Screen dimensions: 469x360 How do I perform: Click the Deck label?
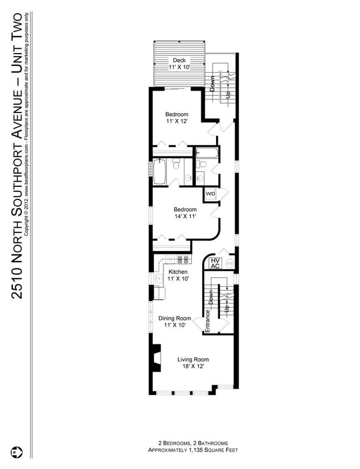click(x=178, y=60)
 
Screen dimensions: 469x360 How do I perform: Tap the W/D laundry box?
click(x=210, y=194)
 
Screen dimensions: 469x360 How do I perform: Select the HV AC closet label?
click(x=216, y=263)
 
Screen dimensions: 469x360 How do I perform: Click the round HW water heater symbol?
click(x=230, y=263)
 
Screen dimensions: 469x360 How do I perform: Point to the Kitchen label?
click(x=178, y=272)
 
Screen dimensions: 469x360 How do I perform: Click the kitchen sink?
click(x=157, y=279)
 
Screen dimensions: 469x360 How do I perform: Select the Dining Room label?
click(x=174, y=318)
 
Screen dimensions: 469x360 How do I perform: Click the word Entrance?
click(x=208, y=321)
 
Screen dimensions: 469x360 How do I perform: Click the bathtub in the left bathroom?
click(x=159, y=172)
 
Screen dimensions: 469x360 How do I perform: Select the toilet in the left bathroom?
click(x=176, y=165)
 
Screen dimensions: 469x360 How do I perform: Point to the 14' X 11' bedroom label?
click(x=185, y=216)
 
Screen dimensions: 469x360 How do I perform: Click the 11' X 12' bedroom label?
click(x=177, y=121)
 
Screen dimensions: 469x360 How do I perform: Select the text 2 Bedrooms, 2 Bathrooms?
click(x=185, y=443)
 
